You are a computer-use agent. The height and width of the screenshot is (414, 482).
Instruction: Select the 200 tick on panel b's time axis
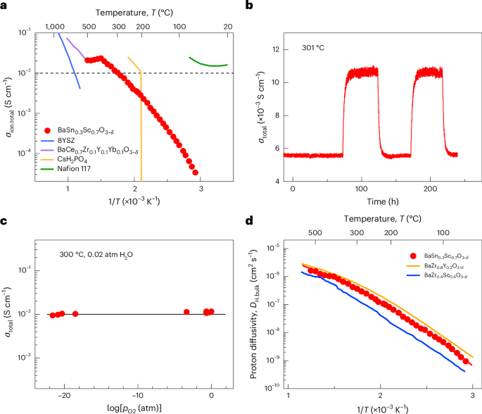429,190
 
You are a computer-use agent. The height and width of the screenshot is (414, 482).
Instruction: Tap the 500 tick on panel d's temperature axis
314,231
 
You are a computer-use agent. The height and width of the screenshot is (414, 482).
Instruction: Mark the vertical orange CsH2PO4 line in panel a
142,127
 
